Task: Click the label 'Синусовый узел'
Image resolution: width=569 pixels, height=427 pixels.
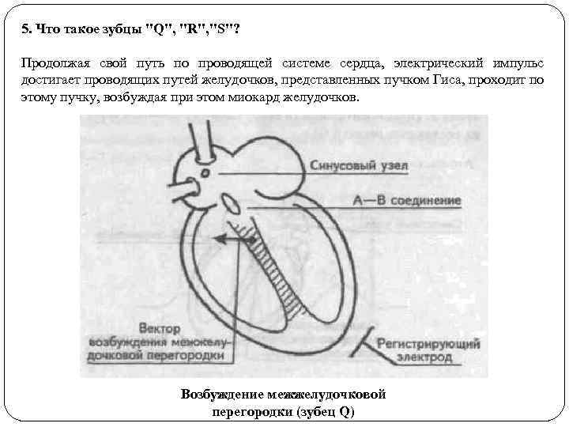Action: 369,166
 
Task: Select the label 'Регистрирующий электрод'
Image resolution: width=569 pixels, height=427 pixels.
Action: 417,351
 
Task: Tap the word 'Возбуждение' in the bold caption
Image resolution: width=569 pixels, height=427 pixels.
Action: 223,394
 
